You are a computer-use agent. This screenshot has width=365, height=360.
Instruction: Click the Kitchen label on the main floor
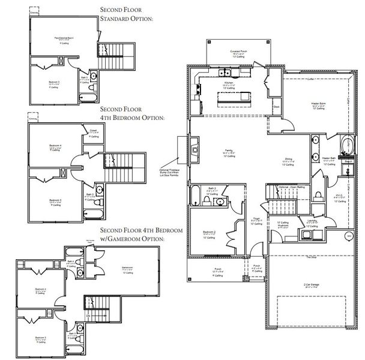(229, 82)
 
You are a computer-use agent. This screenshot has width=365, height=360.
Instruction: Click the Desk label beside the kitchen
(276, 107)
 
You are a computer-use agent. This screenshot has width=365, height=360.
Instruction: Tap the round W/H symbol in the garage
(349, 236)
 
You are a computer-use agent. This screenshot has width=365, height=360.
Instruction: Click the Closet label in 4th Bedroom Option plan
(93, 130)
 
